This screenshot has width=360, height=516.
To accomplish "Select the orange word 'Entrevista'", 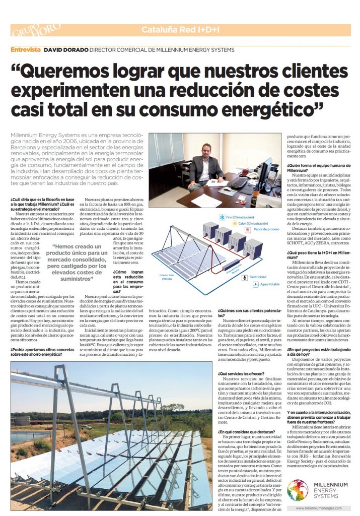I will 26,50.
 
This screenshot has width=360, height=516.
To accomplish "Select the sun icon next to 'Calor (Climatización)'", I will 234,223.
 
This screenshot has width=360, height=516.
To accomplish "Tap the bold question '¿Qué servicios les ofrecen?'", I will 241,373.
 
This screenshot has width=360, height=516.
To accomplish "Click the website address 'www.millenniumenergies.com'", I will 322,508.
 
